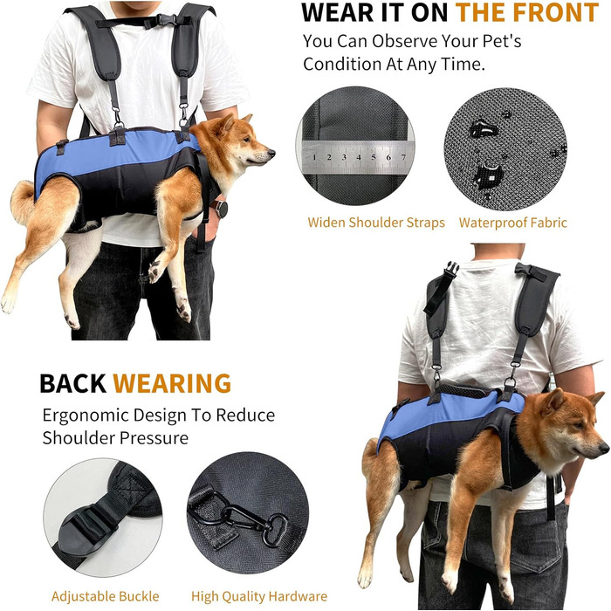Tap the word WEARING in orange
[172, 383]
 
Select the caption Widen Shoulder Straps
[376, 223]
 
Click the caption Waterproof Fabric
[513, 223]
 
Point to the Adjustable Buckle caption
[106, 596]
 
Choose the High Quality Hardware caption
[259, 596]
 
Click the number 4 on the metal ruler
[359, 157]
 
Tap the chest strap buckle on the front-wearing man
[164, 20]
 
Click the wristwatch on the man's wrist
[221, 209]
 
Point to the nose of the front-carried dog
[271, 153]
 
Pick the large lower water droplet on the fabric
[486, 175]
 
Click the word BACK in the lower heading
[72, 383]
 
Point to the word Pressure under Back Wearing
[154, 438]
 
